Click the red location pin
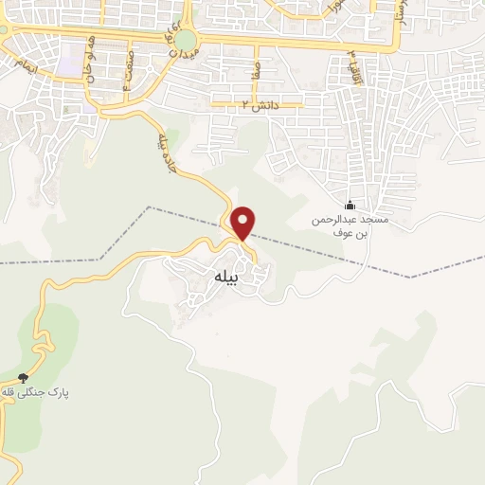(243, 223)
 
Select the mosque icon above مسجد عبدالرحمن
(350, 206)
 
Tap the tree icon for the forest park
(24, 378)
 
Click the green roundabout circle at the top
(186, 40)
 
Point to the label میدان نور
(171, 38)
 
